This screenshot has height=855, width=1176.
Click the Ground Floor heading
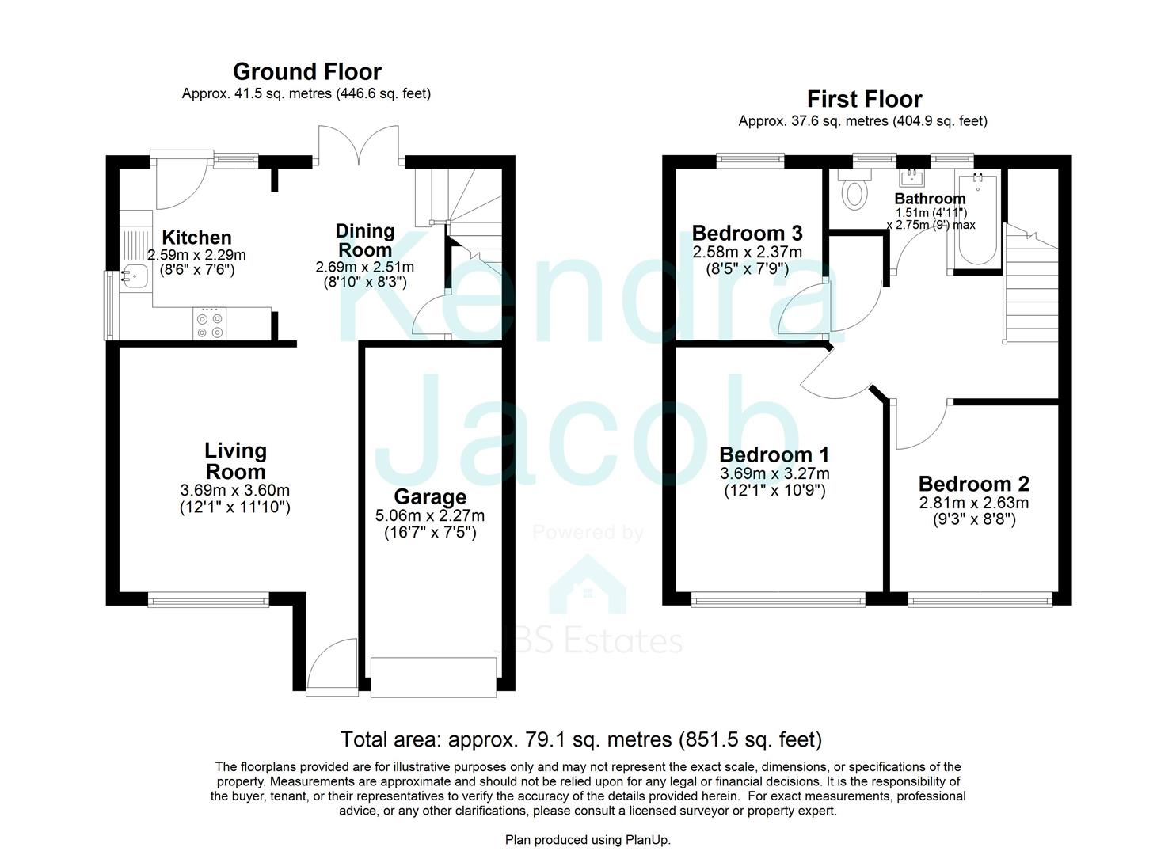tap(306, 72)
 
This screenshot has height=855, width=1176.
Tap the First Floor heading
tap(864, 100)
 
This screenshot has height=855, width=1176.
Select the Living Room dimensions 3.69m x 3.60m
tap(235, 491)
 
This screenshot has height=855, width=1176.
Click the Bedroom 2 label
tap(973, 484)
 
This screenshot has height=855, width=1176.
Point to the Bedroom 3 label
tap(747, 233)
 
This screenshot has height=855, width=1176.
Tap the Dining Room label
tap(364, 240)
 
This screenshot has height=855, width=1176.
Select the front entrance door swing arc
tap(329, 667)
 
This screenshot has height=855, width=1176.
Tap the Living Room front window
tap(208, 601)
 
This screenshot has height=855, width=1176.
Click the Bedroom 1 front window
tap(778, 601)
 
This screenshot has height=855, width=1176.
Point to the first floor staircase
tap(1030, 285)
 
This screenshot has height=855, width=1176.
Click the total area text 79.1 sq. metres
tap(580, 739)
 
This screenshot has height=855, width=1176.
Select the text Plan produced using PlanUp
tap(588, 839)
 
